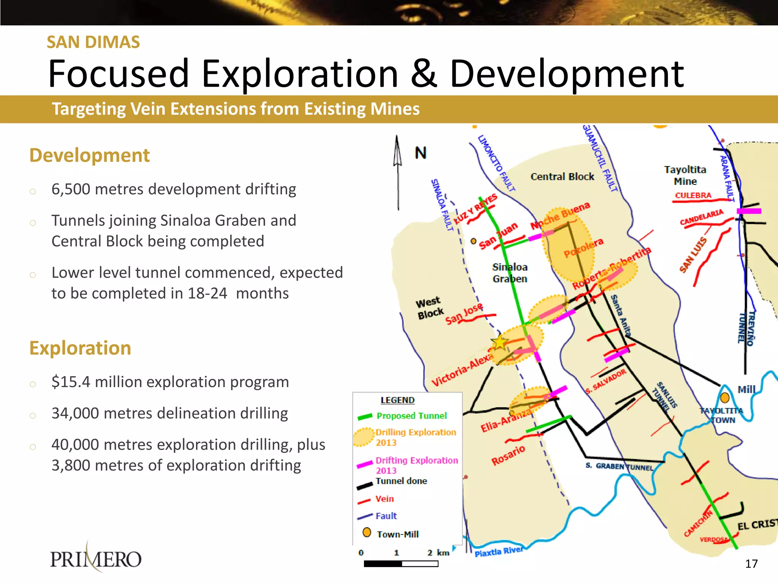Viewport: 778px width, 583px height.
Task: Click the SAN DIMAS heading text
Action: click(93, 42)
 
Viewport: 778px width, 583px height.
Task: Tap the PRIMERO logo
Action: click(96, 558)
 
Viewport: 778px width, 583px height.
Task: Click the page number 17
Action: click(751, 564)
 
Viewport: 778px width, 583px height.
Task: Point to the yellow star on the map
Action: click(500, 342)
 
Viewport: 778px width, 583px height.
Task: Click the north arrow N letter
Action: click(421, 153)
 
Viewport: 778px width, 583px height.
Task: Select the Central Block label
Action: click(562, 177)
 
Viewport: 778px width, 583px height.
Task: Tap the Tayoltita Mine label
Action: click(685, 175)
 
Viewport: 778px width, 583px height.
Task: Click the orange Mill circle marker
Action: click(725, 397)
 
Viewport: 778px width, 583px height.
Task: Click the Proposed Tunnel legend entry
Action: click(411, 416)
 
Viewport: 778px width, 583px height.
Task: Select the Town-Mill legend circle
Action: click(367, 533)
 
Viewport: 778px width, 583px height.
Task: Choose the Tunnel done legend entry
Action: click(401, 481)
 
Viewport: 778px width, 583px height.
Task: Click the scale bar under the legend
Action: click(401, 564)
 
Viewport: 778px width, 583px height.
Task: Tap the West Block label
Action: click(430, 308)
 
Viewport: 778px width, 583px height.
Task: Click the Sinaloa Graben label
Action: click(510, 273)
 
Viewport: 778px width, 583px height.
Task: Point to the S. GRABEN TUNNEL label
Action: click(619, 466)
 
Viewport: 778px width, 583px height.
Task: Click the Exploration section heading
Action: click(80, 348)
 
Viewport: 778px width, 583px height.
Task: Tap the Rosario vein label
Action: click(508, 455)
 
